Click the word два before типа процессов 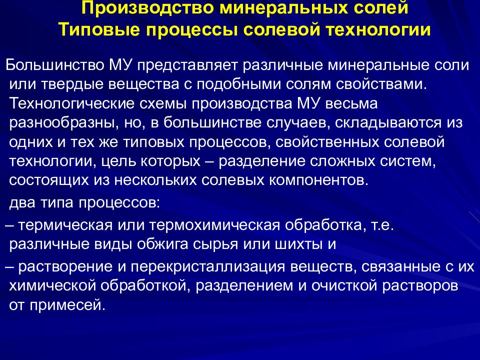pyautogui.click(x=21, y=203)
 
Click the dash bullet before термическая pyautogui.click(x=8, y=225)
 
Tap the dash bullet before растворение pyautogui.click(x=8, y=266)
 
